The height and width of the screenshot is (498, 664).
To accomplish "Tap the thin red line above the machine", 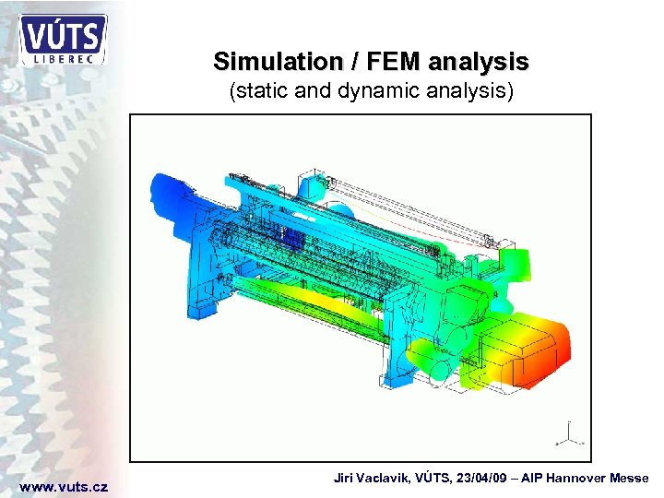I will (x=415, y=221).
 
